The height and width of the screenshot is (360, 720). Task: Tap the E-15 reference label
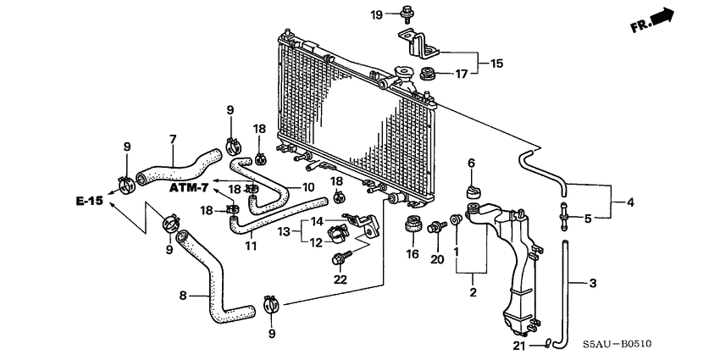[88, 201]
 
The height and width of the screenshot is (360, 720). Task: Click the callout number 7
[172, 140]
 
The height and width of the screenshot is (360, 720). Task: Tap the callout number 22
[340, 280]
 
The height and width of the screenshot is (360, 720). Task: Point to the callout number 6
[472, 163]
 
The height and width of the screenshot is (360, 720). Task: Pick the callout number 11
[251, 246]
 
